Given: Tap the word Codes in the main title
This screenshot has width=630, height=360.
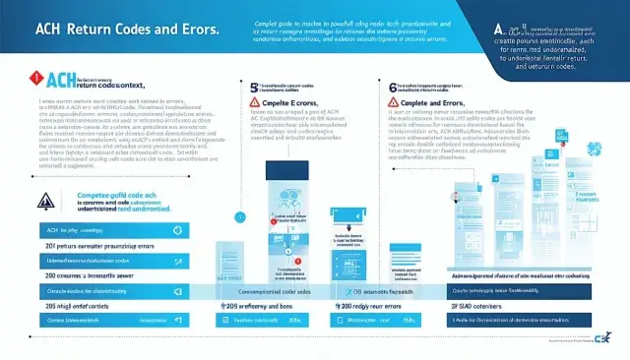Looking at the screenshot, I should click(x=142, y=30).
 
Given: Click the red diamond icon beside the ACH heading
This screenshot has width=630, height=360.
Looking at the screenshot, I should click(x=37, y=77).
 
